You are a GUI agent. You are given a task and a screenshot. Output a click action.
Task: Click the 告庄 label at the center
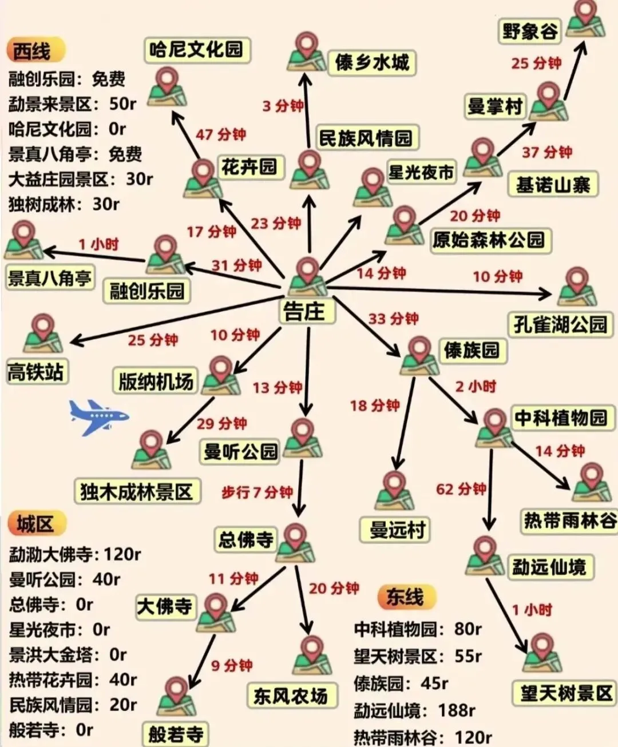click(304, 312)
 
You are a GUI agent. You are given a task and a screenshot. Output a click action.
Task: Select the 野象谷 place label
click(530, 31)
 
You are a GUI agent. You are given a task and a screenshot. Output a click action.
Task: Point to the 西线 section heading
click(33, 51)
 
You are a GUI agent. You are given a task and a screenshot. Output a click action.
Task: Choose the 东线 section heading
click(405, 597)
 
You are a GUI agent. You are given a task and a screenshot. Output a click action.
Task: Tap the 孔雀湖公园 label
click(560, 324)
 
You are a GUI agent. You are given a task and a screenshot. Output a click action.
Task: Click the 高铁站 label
click(35, 372)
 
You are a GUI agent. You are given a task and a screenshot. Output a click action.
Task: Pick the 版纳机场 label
click(156, 382)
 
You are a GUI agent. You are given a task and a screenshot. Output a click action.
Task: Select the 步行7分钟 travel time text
click(257, 492)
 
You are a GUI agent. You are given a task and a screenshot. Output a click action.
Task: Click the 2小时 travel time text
click(476, 387)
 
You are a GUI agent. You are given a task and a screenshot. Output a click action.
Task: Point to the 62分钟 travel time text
click(461, 489)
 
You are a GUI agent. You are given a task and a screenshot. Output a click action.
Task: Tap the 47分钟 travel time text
click(220, 134)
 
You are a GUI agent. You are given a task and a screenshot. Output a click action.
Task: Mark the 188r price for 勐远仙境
click(456, 710)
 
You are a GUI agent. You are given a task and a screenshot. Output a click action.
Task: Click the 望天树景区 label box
click(566, 694)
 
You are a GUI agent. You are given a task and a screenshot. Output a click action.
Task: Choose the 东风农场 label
click(291, 696)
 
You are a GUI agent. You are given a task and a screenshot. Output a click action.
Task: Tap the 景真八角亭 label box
click(49, 278)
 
